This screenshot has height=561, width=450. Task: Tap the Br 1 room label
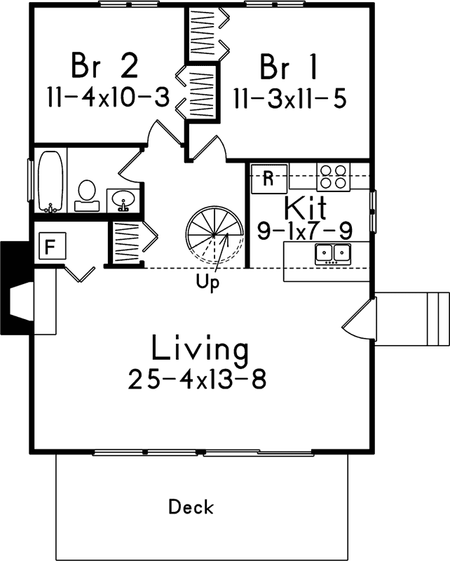pos(287,67)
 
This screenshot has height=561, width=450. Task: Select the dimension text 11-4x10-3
pos(109,97)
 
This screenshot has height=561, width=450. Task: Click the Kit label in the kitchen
pos(304,208)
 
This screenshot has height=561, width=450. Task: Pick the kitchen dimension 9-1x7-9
pos(304,231)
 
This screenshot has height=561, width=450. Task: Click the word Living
pos(200,348)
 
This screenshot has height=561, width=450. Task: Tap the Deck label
pos(191,506)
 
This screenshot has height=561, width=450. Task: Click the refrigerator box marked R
pos(268,178)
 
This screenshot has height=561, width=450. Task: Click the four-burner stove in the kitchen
pos(333,177)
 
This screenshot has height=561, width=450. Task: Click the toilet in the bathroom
pos(87,194)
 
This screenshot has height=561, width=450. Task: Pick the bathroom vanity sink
pos(123,199)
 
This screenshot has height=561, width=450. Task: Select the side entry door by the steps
pos(360,319)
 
